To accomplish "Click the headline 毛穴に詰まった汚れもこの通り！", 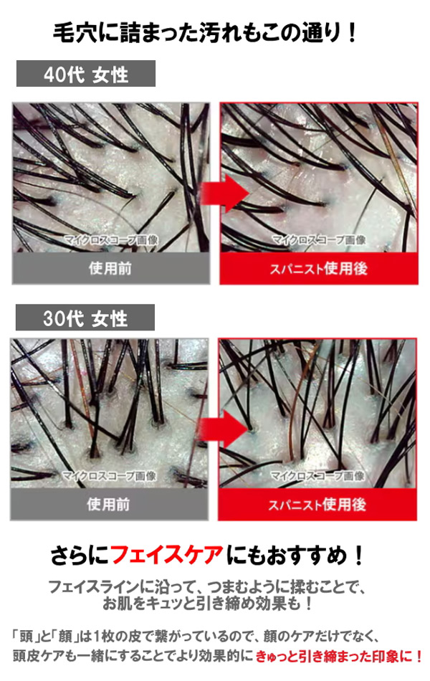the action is click(205, 32).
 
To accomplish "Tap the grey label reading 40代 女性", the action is click(86, 74).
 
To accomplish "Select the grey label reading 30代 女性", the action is click(85, 318).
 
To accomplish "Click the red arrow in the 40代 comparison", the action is click(225, 193).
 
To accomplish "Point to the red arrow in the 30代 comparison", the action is click(224, 429).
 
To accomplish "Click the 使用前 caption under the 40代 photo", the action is click(110, 268).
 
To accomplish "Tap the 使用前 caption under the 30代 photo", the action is click(109, 504).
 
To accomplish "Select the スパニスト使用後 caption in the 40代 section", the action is click(319, 268).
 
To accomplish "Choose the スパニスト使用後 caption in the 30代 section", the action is click(317, 505).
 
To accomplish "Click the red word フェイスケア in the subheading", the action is click(167, 555).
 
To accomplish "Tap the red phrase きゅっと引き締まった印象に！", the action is click(339, 655).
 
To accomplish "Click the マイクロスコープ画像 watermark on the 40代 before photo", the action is click(111, 239).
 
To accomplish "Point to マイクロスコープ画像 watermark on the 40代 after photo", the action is click(319, 239).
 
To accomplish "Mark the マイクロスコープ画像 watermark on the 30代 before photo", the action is click(110, 476).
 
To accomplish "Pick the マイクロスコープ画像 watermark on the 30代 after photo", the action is click(317, 476).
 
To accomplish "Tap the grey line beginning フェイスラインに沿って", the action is click(206, 587).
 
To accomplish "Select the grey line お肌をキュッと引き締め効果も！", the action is click(208, 604).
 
